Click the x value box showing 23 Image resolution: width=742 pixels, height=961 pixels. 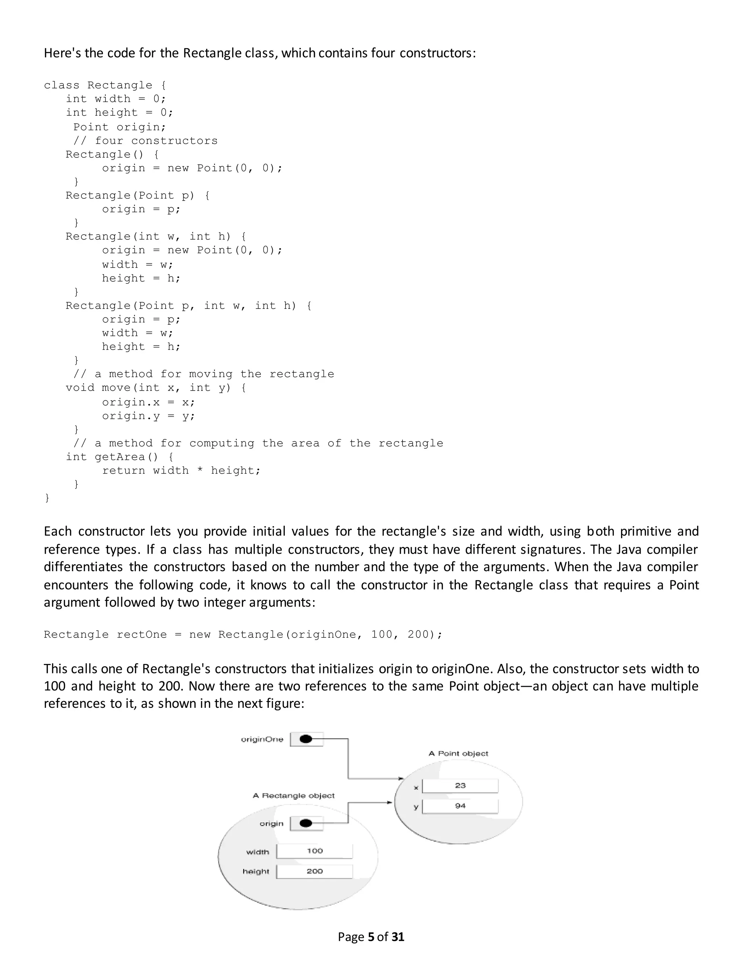pyautogui.click(x=460, y=785)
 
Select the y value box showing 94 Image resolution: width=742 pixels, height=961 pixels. pyautogui.click(x=460, y=806)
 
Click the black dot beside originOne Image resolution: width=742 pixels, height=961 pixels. pyautogui.click(x=306, y=739)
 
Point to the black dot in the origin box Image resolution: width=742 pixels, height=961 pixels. pyautogui.click(x=306, y=823)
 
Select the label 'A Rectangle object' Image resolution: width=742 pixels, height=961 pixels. pyautogui.click(x=293, y=796)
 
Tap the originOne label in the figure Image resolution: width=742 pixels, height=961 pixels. pyautogui.click(x=262, y=739)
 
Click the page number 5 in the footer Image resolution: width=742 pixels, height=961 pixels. pyautogui.click(x=370, y=936)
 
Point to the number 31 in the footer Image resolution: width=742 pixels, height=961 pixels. pyautogui.click(x=397, y=936)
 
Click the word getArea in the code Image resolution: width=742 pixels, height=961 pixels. pyautogui.click(x=120, y=457)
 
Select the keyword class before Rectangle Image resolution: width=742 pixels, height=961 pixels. pyautogui.click(x=62, y=85)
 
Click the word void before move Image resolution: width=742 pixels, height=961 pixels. pyautogui.click(x=80, y=388)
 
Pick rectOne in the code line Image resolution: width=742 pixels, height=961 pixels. pyautogui.click(x=142, y=635)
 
